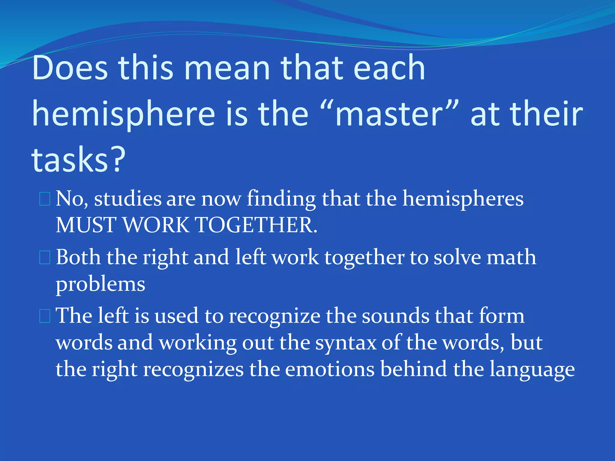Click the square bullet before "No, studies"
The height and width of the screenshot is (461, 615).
[45, 199]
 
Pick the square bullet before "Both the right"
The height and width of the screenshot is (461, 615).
[45, 258]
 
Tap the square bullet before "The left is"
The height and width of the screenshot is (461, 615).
[45, 316]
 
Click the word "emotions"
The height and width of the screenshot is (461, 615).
[330, 369]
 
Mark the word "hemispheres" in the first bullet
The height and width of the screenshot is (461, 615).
[463, 199]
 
